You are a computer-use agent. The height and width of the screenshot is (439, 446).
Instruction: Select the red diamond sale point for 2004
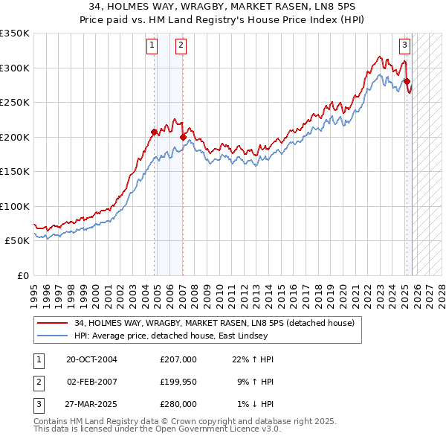[x=155, y=132]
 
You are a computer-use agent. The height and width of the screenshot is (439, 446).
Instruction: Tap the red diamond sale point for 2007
[x=183, y=137]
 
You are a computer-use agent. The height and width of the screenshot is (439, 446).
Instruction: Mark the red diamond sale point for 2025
[x=407, y=82]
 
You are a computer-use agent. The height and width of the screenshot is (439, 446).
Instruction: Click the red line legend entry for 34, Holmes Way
[x=216, y=323]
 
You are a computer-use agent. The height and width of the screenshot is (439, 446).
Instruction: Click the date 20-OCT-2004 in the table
[x=91, y=359]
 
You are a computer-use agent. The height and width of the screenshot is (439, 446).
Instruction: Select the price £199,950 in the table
[x=178, y=382]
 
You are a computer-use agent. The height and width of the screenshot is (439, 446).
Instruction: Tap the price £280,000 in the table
[x=178, y=404]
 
